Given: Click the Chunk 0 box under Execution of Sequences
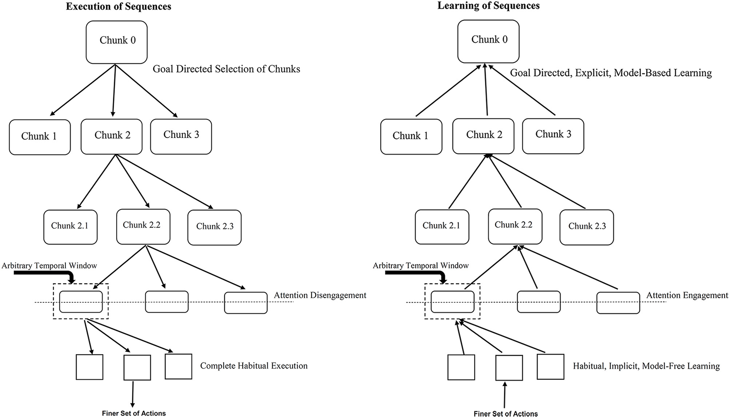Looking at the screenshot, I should point(117,42).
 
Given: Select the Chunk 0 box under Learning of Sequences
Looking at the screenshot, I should point(488,41).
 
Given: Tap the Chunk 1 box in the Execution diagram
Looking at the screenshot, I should point(40,137).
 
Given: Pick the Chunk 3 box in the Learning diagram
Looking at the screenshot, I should point(553,136).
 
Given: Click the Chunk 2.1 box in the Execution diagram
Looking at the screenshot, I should point(70,227).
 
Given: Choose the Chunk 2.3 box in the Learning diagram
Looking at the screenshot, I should point(587,227).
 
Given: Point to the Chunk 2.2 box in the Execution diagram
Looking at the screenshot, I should point(143,227).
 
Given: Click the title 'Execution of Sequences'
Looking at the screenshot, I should point(118,7).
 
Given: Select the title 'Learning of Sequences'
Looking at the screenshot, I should point(488,6).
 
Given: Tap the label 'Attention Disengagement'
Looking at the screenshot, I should point(320,295).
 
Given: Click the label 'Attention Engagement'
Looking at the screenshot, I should point(687,295).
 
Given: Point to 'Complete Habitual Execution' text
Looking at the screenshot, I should point(253,366).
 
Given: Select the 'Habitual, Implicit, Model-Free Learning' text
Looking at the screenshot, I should point(646,366).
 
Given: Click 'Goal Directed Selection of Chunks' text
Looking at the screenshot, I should point(226,69).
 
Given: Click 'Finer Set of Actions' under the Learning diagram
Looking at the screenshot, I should point(505,413).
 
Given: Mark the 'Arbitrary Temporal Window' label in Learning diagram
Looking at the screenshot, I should point(421,266).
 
